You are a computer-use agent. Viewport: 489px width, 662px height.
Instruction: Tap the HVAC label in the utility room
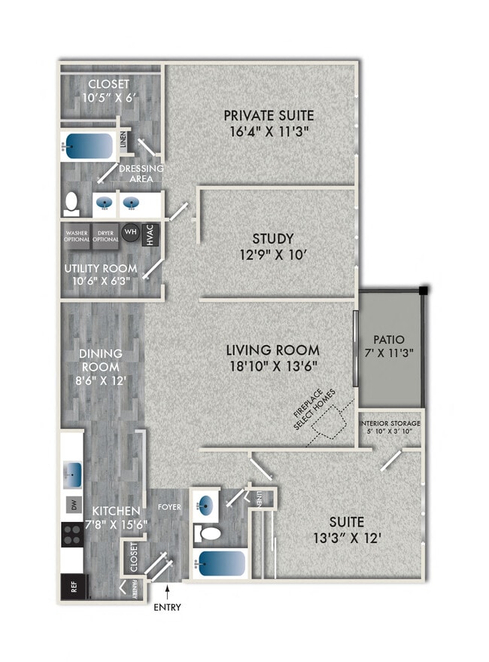coord(150,236)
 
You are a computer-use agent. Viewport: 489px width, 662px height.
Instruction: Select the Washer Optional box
coord(76,236)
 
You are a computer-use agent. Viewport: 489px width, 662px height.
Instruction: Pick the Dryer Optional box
coord(105,236)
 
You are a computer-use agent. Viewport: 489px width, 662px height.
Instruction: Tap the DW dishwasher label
coord(74,506)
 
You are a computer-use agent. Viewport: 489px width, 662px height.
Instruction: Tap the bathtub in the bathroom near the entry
coord(223,563)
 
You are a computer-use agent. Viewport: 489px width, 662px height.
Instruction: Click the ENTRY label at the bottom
coord(166,607)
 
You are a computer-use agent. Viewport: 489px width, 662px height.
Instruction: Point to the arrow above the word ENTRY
coord(166,593)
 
